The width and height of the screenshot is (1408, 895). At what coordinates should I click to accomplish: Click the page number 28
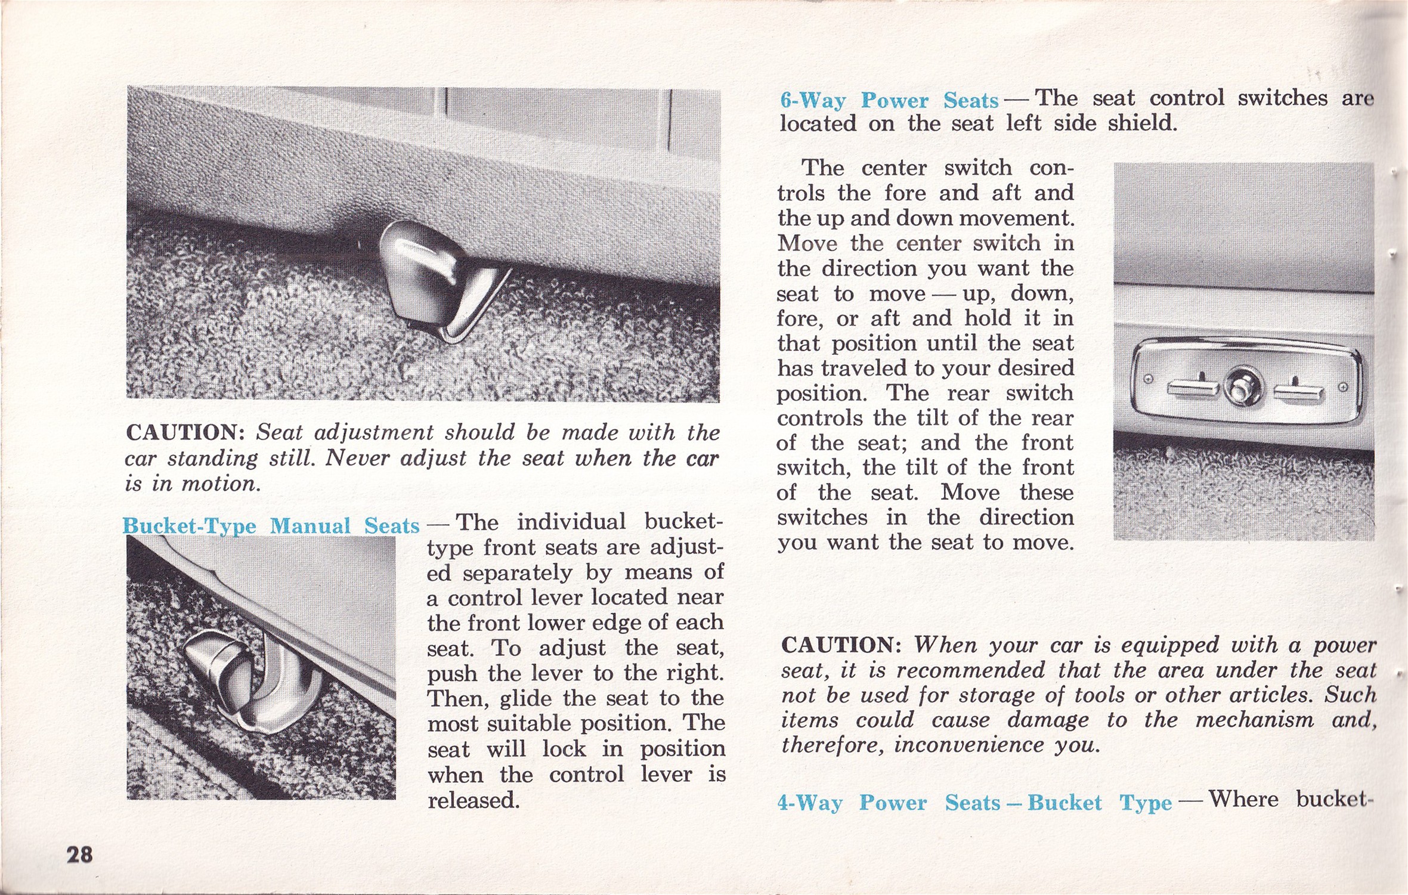click(79, 855)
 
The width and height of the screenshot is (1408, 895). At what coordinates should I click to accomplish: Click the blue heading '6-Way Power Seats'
click(889, 100)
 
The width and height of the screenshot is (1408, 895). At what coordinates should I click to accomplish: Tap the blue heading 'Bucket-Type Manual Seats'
click(271, 525)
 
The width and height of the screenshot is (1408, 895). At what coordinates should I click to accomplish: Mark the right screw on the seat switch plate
click(1342, 387)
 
